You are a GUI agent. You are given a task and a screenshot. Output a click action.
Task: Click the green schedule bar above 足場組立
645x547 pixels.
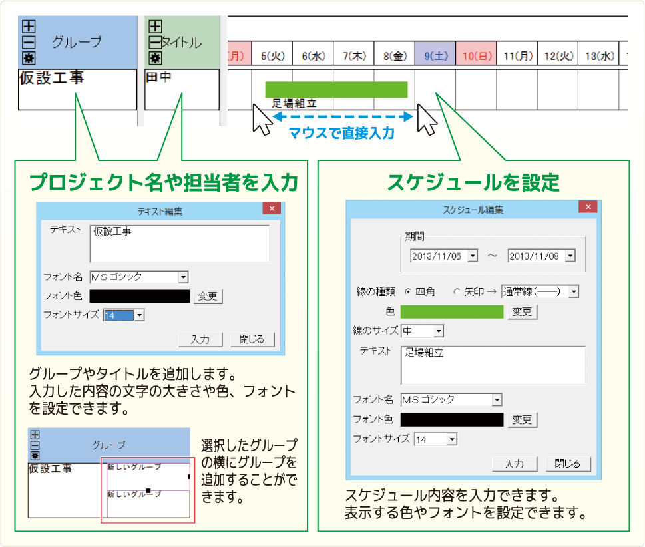(x=337, y=90)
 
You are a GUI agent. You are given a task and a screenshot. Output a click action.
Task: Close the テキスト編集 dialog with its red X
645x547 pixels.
(x=272, y=208)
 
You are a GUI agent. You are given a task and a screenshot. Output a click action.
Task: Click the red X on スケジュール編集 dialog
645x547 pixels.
(x=588, y=207)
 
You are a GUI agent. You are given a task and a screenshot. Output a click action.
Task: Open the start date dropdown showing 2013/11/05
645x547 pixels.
(x=473, y=256)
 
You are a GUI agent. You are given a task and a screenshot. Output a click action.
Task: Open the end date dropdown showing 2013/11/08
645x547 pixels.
(x=570, y=256)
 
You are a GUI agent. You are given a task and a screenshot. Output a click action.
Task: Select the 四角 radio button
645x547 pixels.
(x=407, y=291)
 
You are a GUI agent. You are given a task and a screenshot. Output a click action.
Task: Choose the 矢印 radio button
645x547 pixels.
(x=456, y=291)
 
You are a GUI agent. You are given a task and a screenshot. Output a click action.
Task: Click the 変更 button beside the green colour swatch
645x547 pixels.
(x=523, y=311)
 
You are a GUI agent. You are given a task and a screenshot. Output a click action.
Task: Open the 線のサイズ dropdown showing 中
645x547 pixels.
(x=423, y=331)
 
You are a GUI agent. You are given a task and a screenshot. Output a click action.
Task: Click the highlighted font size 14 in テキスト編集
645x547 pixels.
(x=118, y=315)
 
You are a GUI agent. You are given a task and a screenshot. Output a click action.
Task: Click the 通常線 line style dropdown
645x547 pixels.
(x=540, y=291)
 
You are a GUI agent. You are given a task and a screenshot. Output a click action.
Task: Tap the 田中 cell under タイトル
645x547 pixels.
(x=182, y=89)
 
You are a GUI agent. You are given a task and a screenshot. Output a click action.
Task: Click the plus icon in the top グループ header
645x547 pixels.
(x=29, y=27)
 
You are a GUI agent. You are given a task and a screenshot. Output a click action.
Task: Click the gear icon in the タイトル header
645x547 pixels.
(x=155, y=58)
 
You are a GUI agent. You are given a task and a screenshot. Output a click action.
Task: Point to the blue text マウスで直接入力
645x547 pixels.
(x=342, y=133)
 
